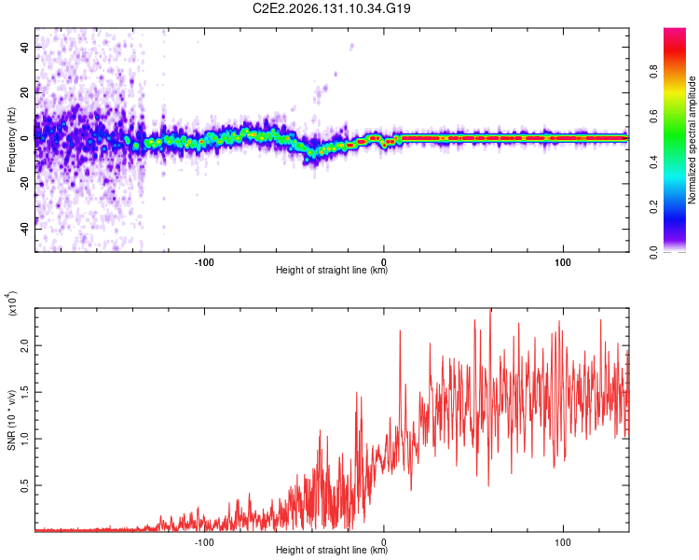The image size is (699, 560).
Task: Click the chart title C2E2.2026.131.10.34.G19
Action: point(331,8)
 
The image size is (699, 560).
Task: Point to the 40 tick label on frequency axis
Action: point(24,47)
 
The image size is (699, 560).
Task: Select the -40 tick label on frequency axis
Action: point(24,229)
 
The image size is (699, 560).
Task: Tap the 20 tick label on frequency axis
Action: point(24,92)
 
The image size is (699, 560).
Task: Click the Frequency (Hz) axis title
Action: point(11,140)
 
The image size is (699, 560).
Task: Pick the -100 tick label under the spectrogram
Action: point(204,262)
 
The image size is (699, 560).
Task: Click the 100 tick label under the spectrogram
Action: point(563,262)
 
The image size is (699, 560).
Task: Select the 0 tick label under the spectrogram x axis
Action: point(384,262)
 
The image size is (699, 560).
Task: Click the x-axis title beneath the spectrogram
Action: point(332,270)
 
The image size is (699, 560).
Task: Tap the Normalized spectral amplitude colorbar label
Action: point(692,140)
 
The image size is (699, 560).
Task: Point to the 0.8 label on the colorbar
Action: point(653,72)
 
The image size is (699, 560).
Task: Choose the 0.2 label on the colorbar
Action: point(653,207)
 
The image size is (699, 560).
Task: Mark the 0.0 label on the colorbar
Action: point(653,252)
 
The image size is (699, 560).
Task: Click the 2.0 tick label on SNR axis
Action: point(24,345)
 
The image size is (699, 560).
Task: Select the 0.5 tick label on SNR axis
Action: point(24,485)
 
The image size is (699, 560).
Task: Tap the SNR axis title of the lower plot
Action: point(11,420)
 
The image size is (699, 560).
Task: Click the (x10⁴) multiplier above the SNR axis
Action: point(12,303)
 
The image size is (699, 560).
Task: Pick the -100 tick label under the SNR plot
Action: point(204,542)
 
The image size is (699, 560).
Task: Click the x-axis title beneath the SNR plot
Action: point(332,550)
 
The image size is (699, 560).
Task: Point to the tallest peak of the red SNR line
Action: point(491,309)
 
